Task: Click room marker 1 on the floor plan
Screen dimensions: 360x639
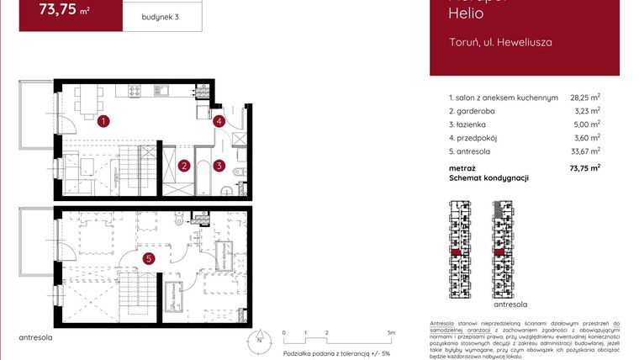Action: pyautogui.click(x=102, y=121)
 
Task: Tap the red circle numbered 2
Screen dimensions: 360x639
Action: pyautogui.click(x=183, y=166)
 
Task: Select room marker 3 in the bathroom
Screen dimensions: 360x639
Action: pyautogui.click(x=219, y=166)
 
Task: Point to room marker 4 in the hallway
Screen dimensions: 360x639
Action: pyautogui.click(x=219, y=121)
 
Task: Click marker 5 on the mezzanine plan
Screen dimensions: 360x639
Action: pyautogui.click(x=149, y=258)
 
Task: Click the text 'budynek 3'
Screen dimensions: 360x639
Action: pyautogui.click(x=161, y=17)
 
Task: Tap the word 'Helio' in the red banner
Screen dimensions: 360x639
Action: pyautogui.click(x=464, y=13)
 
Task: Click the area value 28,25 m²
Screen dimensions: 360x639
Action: pyautogui.click(x=584, y=98)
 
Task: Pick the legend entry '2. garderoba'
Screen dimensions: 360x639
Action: pyautogui.click(x=475, y=110)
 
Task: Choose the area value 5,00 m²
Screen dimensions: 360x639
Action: pyautogui.click(x=586, y=124)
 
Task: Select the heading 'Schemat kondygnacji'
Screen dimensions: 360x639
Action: pyautogui.click(x=488, y=178)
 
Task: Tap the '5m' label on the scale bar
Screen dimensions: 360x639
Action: pyautogui.click(x=391, y=333)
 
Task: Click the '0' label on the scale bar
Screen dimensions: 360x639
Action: pyautogui.click(x=284, y=333)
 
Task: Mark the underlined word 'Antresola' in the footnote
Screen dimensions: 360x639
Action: pyautogui.click(x=445, y=324)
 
